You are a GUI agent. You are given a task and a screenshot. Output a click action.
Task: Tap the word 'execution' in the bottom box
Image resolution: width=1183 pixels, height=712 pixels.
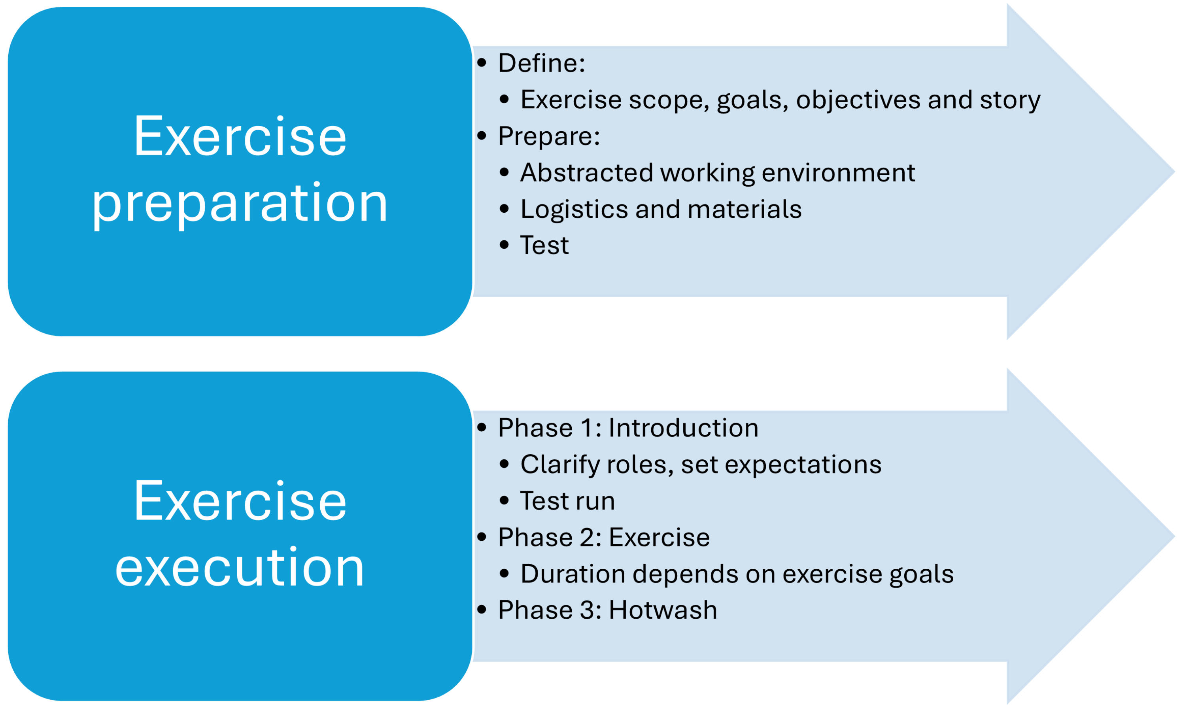pos(240,568)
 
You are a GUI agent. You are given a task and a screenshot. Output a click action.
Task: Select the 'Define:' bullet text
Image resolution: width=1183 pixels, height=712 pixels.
pos(541,63)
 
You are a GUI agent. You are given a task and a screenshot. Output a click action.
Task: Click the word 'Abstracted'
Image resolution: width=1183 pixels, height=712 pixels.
pos(587,173)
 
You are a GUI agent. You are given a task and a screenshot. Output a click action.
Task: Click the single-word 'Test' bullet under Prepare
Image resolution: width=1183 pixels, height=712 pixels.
pos(544,246)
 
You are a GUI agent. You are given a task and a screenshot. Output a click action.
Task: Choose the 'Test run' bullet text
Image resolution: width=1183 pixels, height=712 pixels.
pos(567,501)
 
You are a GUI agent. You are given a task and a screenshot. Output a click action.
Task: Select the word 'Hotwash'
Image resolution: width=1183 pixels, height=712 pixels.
pos(663,610)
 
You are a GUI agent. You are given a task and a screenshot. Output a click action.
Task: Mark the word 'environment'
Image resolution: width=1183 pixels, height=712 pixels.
pos(838,173)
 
